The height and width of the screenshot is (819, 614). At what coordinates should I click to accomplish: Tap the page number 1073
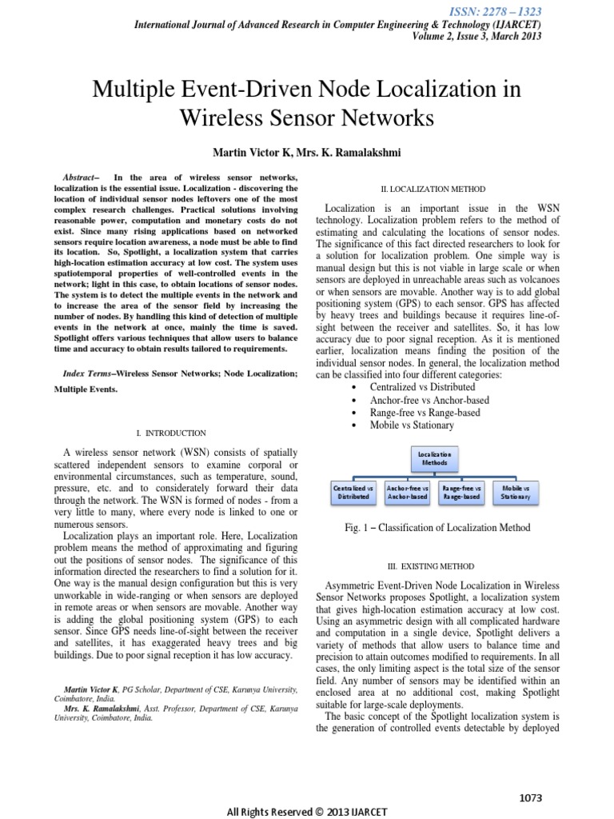click(531, 776)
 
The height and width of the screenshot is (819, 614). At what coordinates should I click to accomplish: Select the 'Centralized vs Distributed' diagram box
click(353, 492)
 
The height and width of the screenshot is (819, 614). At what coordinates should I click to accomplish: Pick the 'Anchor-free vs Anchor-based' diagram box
click(407, 492)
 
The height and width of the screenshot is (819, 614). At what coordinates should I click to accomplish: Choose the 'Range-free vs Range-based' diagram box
click(461, 492)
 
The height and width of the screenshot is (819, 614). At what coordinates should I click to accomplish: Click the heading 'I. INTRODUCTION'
click(172, 433)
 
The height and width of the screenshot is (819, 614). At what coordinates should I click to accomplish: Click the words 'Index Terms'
click(88, 374)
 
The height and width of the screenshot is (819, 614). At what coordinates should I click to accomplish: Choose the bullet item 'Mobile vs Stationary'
click(411, 425)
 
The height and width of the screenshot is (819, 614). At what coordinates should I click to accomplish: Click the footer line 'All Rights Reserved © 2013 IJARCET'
click(307, 810)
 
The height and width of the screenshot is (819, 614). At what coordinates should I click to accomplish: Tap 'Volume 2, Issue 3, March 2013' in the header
click(476, 37)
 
